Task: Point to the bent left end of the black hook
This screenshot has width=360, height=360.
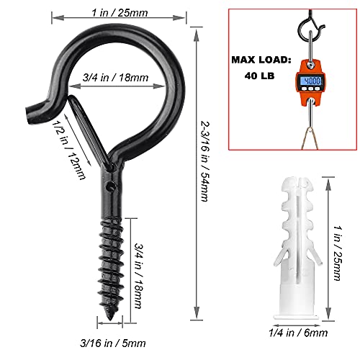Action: (x=32, y=109)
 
